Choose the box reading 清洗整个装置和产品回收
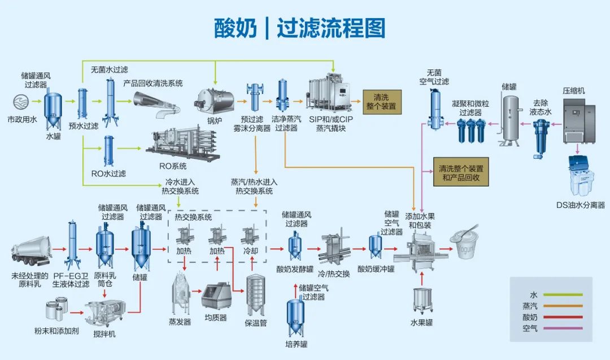pos(460,172)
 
